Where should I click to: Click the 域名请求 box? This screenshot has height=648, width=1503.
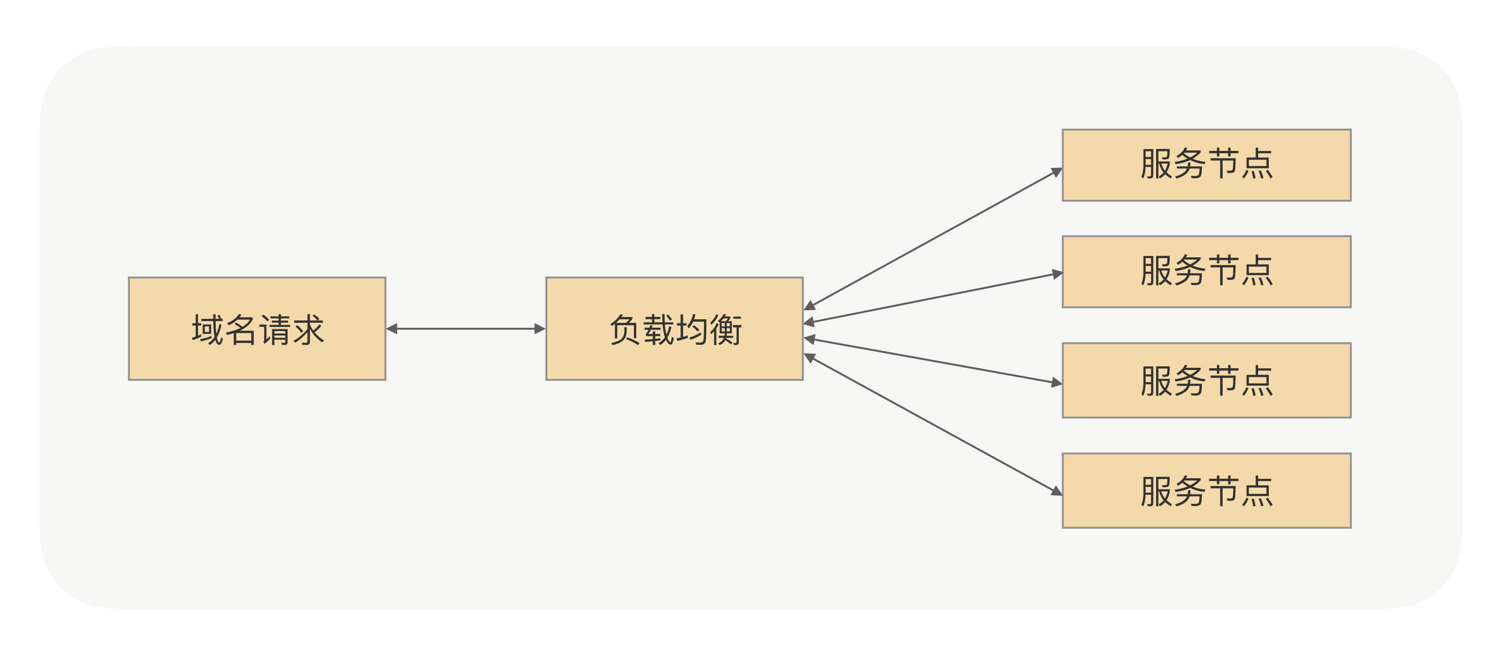click(257, 361)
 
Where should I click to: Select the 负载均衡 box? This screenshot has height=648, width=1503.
click(674, 361)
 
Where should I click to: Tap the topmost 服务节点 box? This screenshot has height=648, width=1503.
click(1206, 187)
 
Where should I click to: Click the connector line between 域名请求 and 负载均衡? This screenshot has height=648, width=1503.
click(466, 329)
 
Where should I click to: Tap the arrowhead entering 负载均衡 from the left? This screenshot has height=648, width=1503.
click(539, 329)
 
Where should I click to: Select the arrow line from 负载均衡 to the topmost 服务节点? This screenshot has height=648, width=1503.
click(934, 238)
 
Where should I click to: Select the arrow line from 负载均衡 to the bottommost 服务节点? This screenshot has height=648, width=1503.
click(934, 425)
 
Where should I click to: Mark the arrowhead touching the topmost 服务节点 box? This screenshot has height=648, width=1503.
click(1056, 172)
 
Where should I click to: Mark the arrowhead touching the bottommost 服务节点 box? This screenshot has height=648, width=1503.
click(1056, 491)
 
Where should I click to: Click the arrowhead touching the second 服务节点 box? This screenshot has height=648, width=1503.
click(1057, 273)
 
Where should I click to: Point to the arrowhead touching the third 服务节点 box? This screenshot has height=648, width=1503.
click(1057, 383)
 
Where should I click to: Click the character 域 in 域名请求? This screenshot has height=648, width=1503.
click(207, 330)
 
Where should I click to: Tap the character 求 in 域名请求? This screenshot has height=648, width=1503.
click(307, 330)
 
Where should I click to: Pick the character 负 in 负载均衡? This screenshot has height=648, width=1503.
click(625, 330)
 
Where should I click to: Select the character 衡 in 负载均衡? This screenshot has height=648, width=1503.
click(725, 330)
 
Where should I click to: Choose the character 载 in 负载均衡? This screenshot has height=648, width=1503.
click(658, 330)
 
